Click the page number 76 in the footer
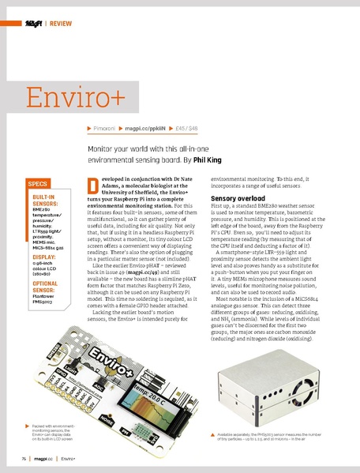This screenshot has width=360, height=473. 24,459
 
